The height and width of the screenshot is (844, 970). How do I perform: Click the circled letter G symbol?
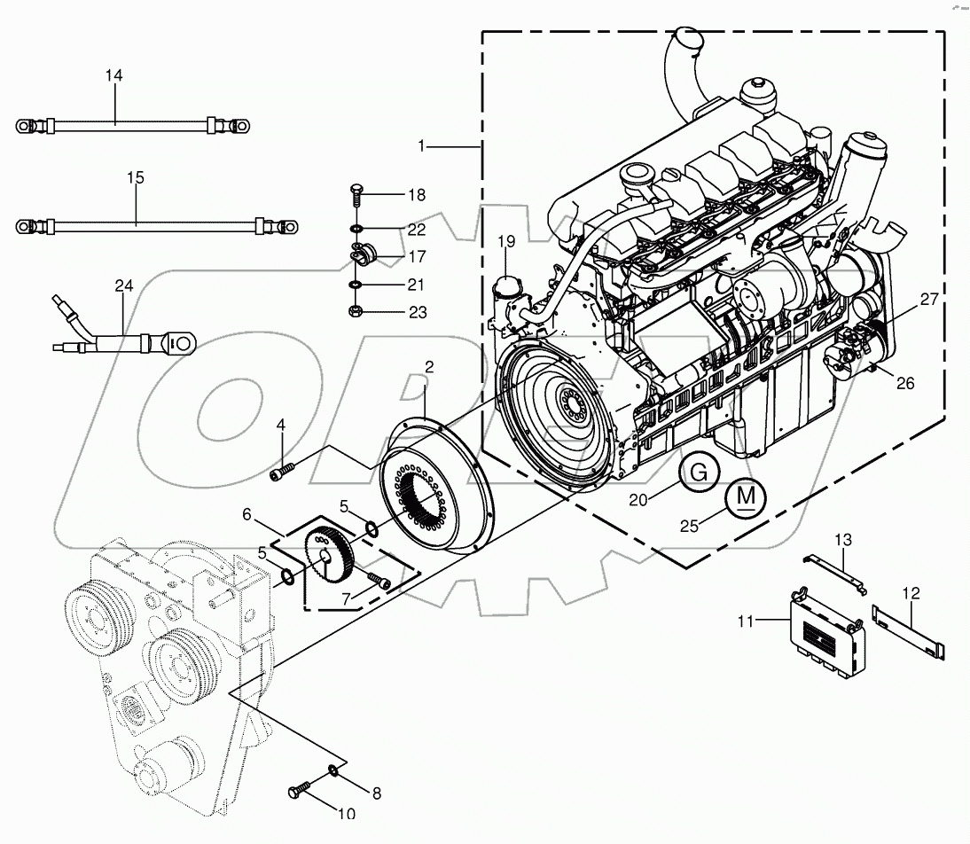[x=700, y=473]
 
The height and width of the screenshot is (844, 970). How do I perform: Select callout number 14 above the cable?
[x=113, y=76]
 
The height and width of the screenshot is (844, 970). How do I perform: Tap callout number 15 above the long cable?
[x=135, y=178]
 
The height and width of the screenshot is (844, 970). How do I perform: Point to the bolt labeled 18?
[x=356, y=194]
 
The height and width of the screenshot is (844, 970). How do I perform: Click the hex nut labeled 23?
[x=355, y=312]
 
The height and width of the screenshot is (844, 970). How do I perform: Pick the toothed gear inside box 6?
[x=332, y=555]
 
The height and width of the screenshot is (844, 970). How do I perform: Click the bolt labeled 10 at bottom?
[x=300, y=787]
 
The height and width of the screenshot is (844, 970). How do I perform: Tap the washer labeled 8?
[x=332, y=770]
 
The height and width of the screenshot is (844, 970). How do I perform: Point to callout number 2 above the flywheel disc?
[x=428, y=366]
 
